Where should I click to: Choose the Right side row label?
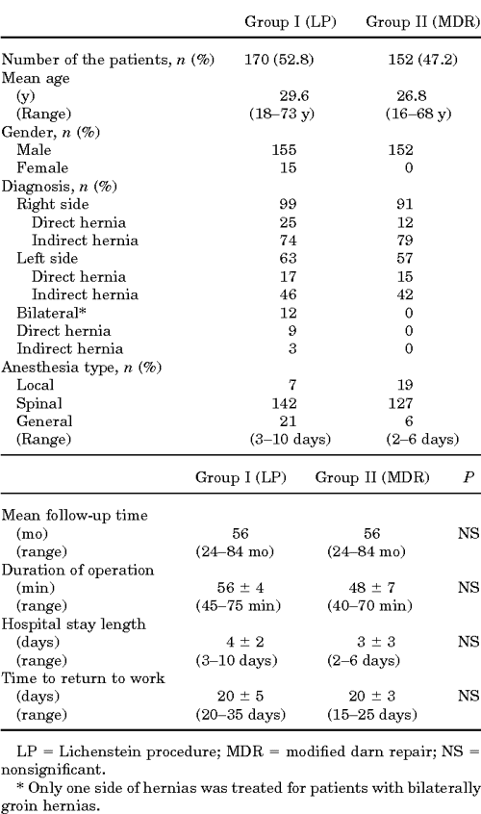(x=53, y=204)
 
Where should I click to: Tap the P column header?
(x=468, y=475)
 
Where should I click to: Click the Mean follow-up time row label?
(x=75, y=515)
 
